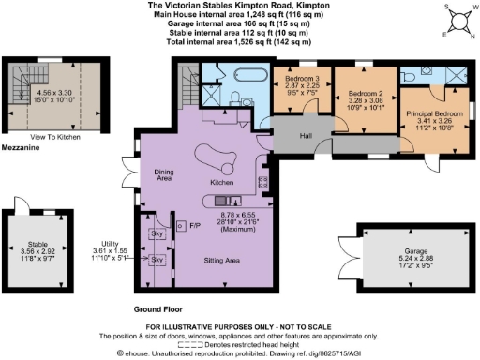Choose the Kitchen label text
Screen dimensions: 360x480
pos(221,183)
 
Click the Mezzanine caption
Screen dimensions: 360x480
pos(20,148)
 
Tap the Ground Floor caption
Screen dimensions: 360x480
pos(156,307)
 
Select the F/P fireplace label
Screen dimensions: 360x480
pos(195,226)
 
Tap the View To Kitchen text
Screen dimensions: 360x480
pos(56,137)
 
